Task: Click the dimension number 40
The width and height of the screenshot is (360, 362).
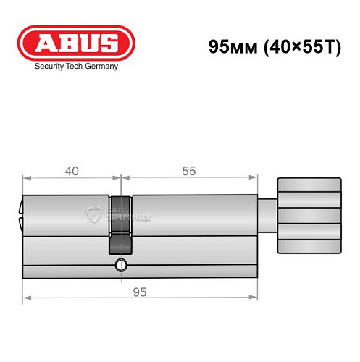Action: coord(72,172)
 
